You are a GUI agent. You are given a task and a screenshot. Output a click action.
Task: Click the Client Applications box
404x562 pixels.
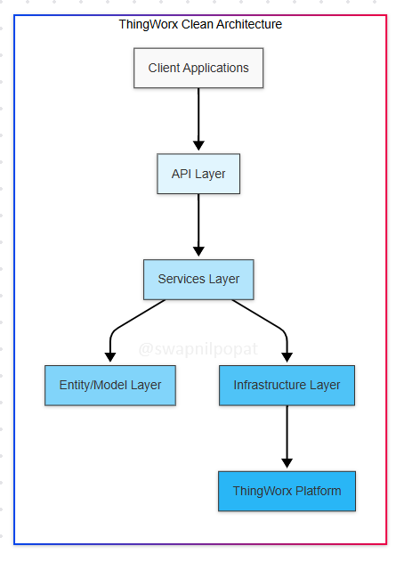tap(198, 68)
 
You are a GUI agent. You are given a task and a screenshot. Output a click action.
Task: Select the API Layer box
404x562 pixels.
tap(198, 174)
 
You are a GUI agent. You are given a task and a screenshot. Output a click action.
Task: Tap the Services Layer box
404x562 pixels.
tap(198, 279)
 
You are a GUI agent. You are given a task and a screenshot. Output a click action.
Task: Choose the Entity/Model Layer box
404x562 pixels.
tap(110, 386)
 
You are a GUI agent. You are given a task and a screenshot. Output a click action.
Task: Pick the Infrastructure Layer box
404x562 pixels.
tap(287, 386)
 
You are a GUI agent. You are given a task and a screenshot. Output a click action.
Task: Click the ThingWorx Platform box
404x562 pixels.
tap(287, 491)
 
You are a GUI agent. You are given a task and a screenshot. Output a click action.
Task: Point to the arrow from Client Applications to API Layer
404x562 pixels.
tap(198, 119)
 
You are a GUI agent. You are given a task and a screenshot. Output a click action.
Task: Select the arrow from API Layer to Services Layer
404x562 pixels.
tap(198, 225)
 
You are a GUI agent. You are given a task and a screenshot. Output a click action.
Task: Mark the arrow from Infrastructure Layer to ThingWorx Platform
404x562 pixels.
tap(287, 436)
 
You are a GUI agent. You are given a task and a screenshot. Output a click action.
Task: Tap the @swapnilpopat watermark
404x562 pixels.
tap(198, 349)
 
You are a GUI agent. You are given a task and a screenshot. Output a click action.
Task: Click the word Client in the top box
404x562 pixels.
tap(164, 68)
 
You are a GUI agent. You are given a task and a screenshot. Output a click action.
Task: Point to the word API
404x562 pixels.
tap(182, 174)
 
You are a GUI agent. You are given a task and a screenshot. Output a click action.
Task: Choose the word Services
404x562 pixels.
tap(182, 279)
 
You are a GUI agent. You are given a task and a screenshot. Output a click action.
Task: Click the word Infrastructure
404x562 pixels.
tap(270, 385)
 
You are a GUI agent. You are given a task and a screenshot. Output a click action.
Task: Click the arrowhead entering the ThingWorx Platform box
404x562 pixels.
tap(287, 463)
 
